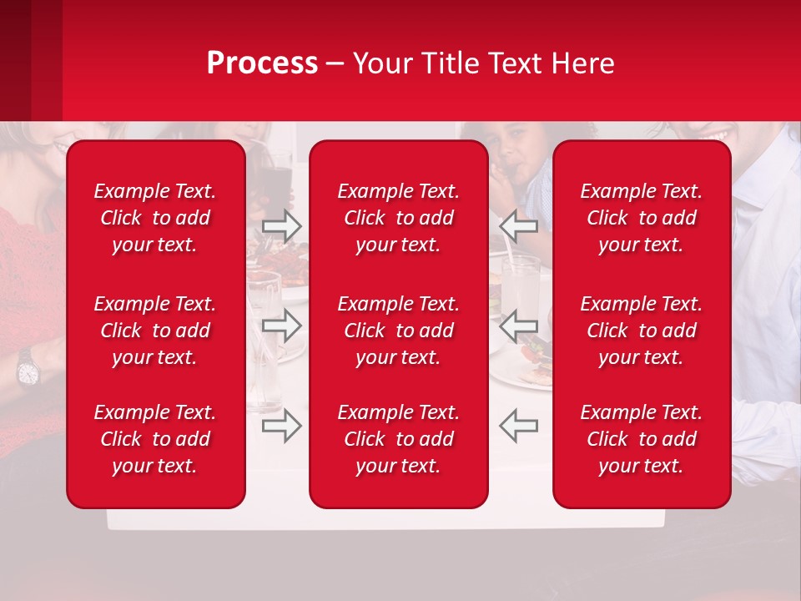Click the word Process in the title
[262, 63]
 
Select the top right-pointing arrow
[281, 226]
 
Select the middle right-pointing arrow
[281, 326]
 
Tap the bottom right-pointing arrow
[281, 426]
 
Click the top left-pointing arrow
[519, 226]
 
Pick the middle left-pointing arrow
[519, 326]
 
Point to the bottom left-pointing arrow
[519, 426]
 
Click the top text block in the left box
[155, 218]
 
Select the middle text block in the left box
[155, 331]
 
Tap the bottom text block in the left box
[155, 439]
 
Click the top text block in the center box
[399, 218]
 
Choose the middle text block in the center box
[399, 331]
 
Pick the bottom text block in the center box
[399, 439]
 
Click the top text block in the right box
[642, 218]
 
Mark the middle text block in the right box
[642, 331]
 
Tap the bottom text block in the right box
[642, 439]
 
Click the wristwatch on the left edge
[27, 366]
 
